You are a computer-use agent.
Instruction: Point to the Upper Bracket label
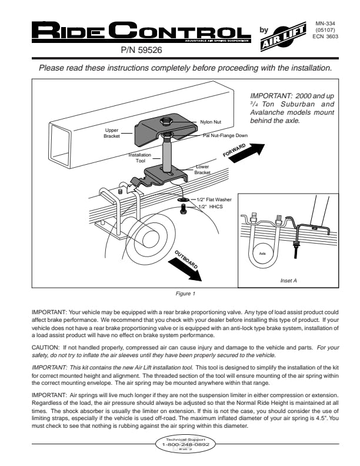(x=112, y=132)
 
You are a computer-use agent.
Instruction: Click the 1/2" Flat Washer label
(x=216, y=200)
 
